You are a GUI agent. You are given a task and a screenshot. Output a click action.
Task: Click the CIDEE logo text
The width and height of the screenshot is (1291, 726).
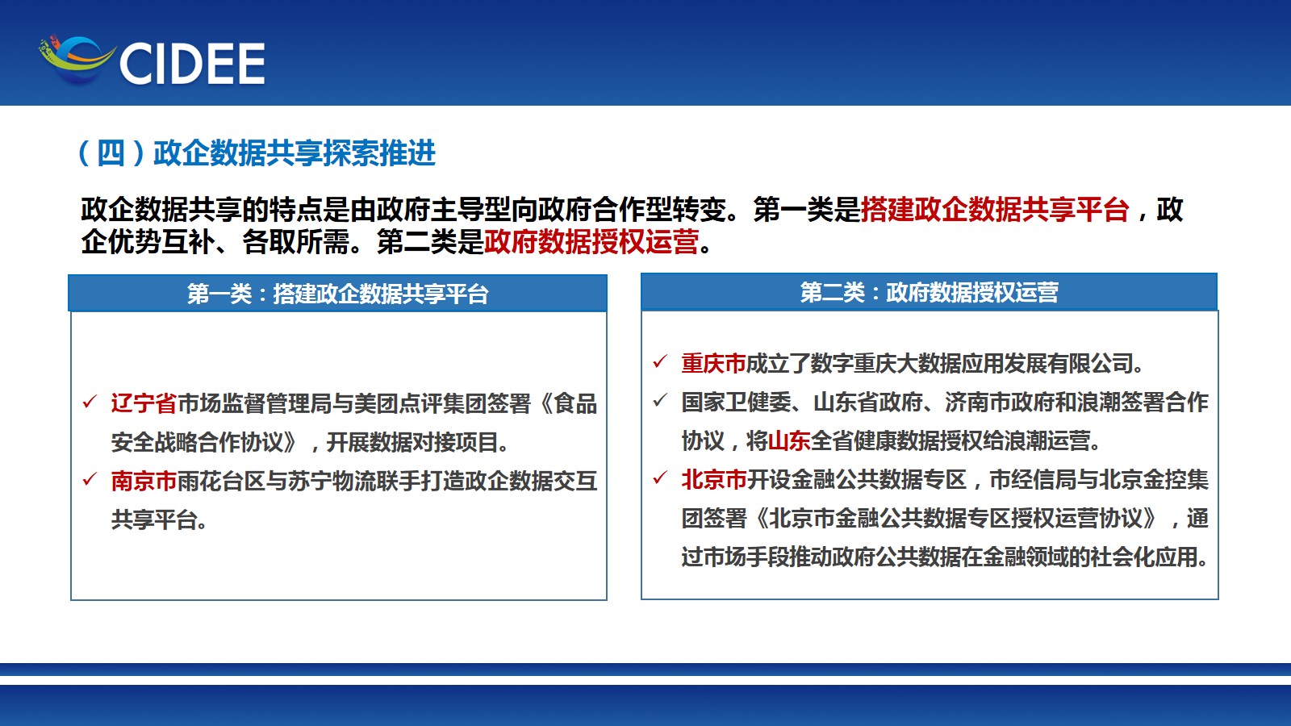(x=192, y=64)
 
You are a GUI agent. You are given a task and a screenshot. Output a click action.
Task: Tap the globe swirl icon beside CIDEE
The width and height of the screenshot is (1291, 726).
(x=77, y=59)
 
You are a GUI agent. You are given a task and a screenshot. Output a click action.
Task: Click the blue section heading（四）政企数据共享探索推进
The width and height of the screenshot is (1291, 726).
(x=257, y=153)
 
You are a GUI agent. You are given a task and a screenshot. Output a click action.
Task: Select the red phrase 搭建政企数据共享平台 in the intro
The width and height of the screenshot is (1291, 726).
(x=994, y=209)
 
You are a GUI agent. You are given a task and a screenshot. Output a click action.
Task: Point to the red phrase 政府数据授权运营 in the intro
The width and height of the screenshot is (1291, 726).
(x=591, y=241)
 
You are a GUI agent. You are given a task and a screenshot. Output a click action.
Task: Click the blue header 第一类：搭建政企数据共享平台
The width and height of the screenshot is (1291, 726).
(x=338, y=294)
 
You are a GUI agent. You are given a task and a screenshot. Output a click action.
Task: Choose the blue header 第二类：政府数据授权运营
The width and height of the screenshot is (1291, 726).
(x=929, y=292)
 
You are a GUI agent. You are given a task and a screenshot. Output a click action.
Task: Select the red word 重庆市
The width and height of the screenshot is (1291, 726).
(x=713, y=364)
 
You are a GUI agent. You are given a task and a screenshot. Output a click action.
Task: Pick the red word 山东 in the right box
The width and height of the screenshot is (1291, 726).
(x=790, y=441)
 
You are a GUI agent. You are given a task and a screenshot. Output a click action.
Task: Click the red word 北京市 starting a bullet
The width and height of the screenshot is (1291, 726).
(x=713, y=480)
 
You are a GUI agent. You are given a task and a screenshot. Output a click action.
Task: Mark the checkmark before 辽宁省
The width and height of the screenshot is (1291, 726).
(x=90, y=401)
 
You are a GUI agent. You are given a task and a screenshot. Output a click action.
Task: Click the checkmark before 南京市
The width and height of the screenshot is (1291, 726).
(x=90, y=479)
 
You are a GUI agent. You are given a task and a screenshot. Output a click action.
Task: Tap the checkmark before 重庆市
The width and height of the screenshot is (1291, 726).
(x=660, y=361)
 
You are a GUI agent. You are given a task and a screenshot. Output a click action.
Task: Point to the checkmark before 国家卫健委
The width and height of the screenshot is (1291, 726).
(x=660, y=400)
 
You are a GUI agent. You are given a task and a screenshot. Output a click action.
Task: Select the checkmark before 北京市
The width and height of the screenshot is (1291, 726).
(x=660, y=478)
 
